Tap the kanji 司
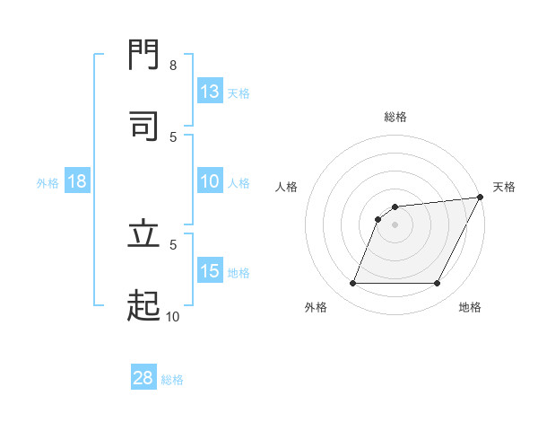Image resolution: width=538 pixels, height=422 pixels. pyautogui.click(x=143, y=125)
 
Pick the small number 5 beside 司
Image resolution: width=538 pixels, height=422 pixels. pyautogui.click(x=173, y=136)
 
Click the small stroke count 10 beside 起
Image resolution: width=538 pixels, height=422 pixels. pyautogui.click(x=173, y=316)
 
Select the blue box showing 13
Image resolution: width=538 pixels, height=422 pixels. pyautogui.click(x=210, y=92)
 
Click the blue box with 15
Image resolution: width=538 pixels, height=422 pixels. pyautogui.click(x=210, y=271)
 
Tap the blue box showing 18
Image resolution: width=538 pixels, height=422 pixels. pyautogui.click(x=77, y=181)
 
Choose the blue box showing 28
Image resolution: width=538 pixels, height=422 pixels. pyautogui.click(x=143, y=378)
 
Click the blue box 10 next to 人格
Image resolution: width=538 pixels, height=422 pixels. pyautogui.click(x=210, y=181)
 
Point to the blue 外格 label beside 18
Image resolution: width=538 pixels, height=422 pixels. pyautogui.click(x=48, y=182)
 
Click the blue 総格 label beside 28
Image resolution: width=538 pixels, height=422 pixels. pyautogui.click(x=172, y=379)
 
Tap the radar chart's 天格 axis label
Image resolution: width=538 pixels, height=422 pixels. pyautogui.click(x=504, y=187)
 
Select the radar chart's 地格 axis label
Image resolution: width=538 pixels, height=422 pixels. pyautogui.click(x=470, y=307)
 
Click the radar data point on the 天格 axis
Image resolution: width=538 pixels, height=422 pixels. pyautogui.click(x=481, y=198)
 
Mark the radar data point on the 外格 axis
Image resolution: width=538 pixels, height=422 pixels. pyautogui.click(x=352, y=284)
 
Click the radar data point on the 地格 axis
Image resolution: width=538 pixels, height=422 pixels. pyautogui.click(x=438, y=284)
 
